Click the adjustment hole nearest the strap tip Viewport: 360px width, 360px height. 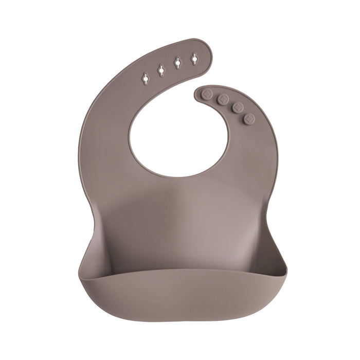[x=194, y=60]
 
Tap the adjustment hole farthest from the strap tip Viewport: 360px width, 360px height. [x=146, y=79]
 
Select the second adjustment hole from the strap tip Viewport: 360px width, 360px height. [x=177, y=63]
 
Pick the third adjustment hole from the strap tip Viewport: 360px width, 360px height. [x=161, y=69]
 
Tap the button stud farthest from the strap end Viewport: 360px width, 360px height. [x=249, y=119]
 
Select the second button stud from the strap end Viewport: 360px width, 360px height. [x=223, y=99]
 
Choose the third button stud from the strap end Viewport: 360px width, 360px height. [x=238, y=107]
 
